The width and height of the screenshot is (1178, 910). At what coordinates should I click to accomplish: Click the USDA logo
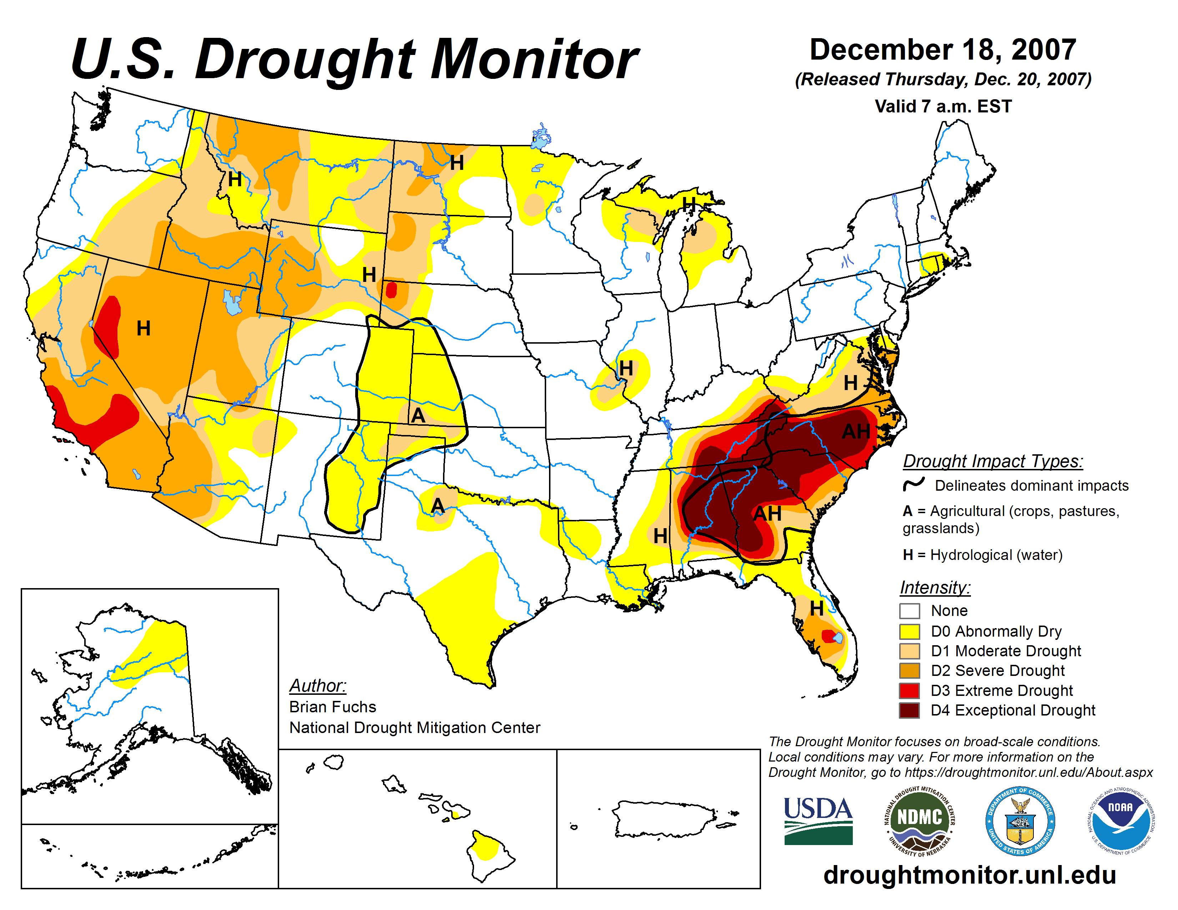pyautogui.click(x=818, y=820)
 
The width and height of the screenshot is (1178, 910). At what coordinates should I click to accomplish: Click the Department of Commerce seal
pyautogui.click(x=1020, y=820)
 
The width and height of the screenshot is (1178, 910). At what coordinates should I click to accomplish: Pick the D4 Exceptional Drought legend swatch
pyautogui.click(x=910, y=711)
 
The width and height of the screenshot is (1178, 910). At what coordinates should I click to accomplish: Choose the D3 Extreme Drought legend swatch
pyautogui.click(x=910, y=691)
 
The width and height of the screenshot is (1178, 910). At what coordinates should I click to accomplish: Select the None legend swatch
pyautogui.click(x=910, y=611)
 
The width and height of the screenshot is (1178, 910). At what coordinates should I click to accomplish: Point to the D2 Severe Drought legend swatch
pyautogui.click(x=910, y=671)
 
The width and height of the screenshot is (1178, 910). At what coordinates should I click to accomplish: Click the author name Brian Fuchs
pyautogui.click(x=332, y=707)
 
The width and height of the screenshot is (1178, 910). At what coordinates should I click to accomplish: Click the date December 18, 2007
pyautogui.click(x=943, y=50)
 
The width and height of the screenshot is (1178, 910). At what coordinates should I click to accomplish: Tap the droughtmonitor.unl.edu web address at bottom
pyautogui.click(x=969, y=874)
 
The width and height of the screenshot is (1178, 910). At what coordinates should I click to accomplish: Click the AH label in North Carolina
pyautogui.click(x=856, y=432)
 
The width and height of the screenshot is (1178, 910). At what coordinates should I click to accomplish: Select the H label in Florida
pyautogui.click(x=817, y=609)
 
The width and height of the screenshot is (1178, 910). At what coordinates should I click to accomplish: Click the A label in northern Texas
pyautogui.click(x=437, y=506)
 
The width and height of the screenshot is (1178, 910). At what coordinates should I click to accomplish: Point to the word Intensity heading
pyautogui.click(x=935, y=587)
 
